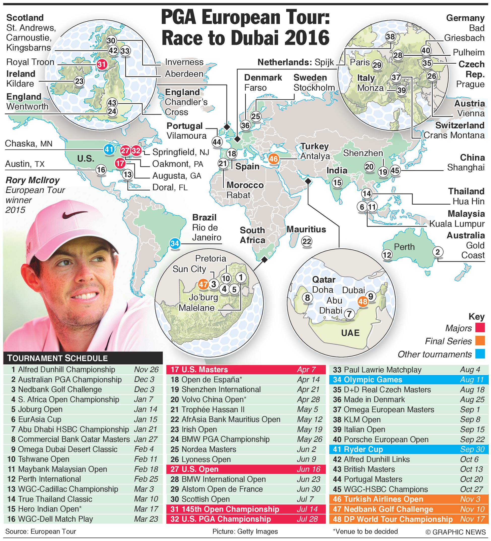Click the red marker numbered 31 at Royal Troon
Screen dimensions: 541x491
(102, 64)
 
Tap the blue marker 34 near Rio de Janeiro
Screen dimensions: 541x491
(175, 244)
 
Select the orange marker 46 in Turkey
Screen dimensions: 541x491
(273, 159)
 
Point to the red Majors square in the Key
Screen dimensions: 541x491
(480, 328)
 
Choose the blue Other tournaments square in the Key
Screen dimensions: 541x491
(480, 354)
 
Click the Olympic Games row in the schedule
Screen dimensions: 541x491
(408, 380)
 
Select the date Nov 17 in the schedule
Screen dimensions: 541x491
(472, 519)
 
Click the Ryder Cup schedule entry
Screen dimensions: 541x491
(408, 449)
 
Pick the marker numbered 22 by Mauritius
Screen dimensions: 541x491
(307, 242)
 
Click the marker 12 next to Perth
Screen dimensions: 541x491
(387, 255)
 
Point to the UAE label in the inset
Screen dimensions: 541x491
(350, 333)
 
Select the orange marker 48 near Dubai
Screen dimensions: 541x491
(363, 301)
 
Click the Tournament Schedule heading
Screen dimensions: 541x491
(57, 358)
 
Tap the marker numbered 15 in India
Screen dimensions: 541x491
(337, 183)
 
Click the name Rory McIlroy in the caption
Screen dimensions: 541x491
(32, 180)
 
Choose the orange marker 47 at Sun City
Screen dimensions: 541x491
(203, 284)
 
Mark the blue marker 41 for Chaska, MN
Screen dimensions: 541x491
(109, 149)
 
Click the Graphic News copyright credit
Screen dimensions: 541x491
(455, 532)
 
